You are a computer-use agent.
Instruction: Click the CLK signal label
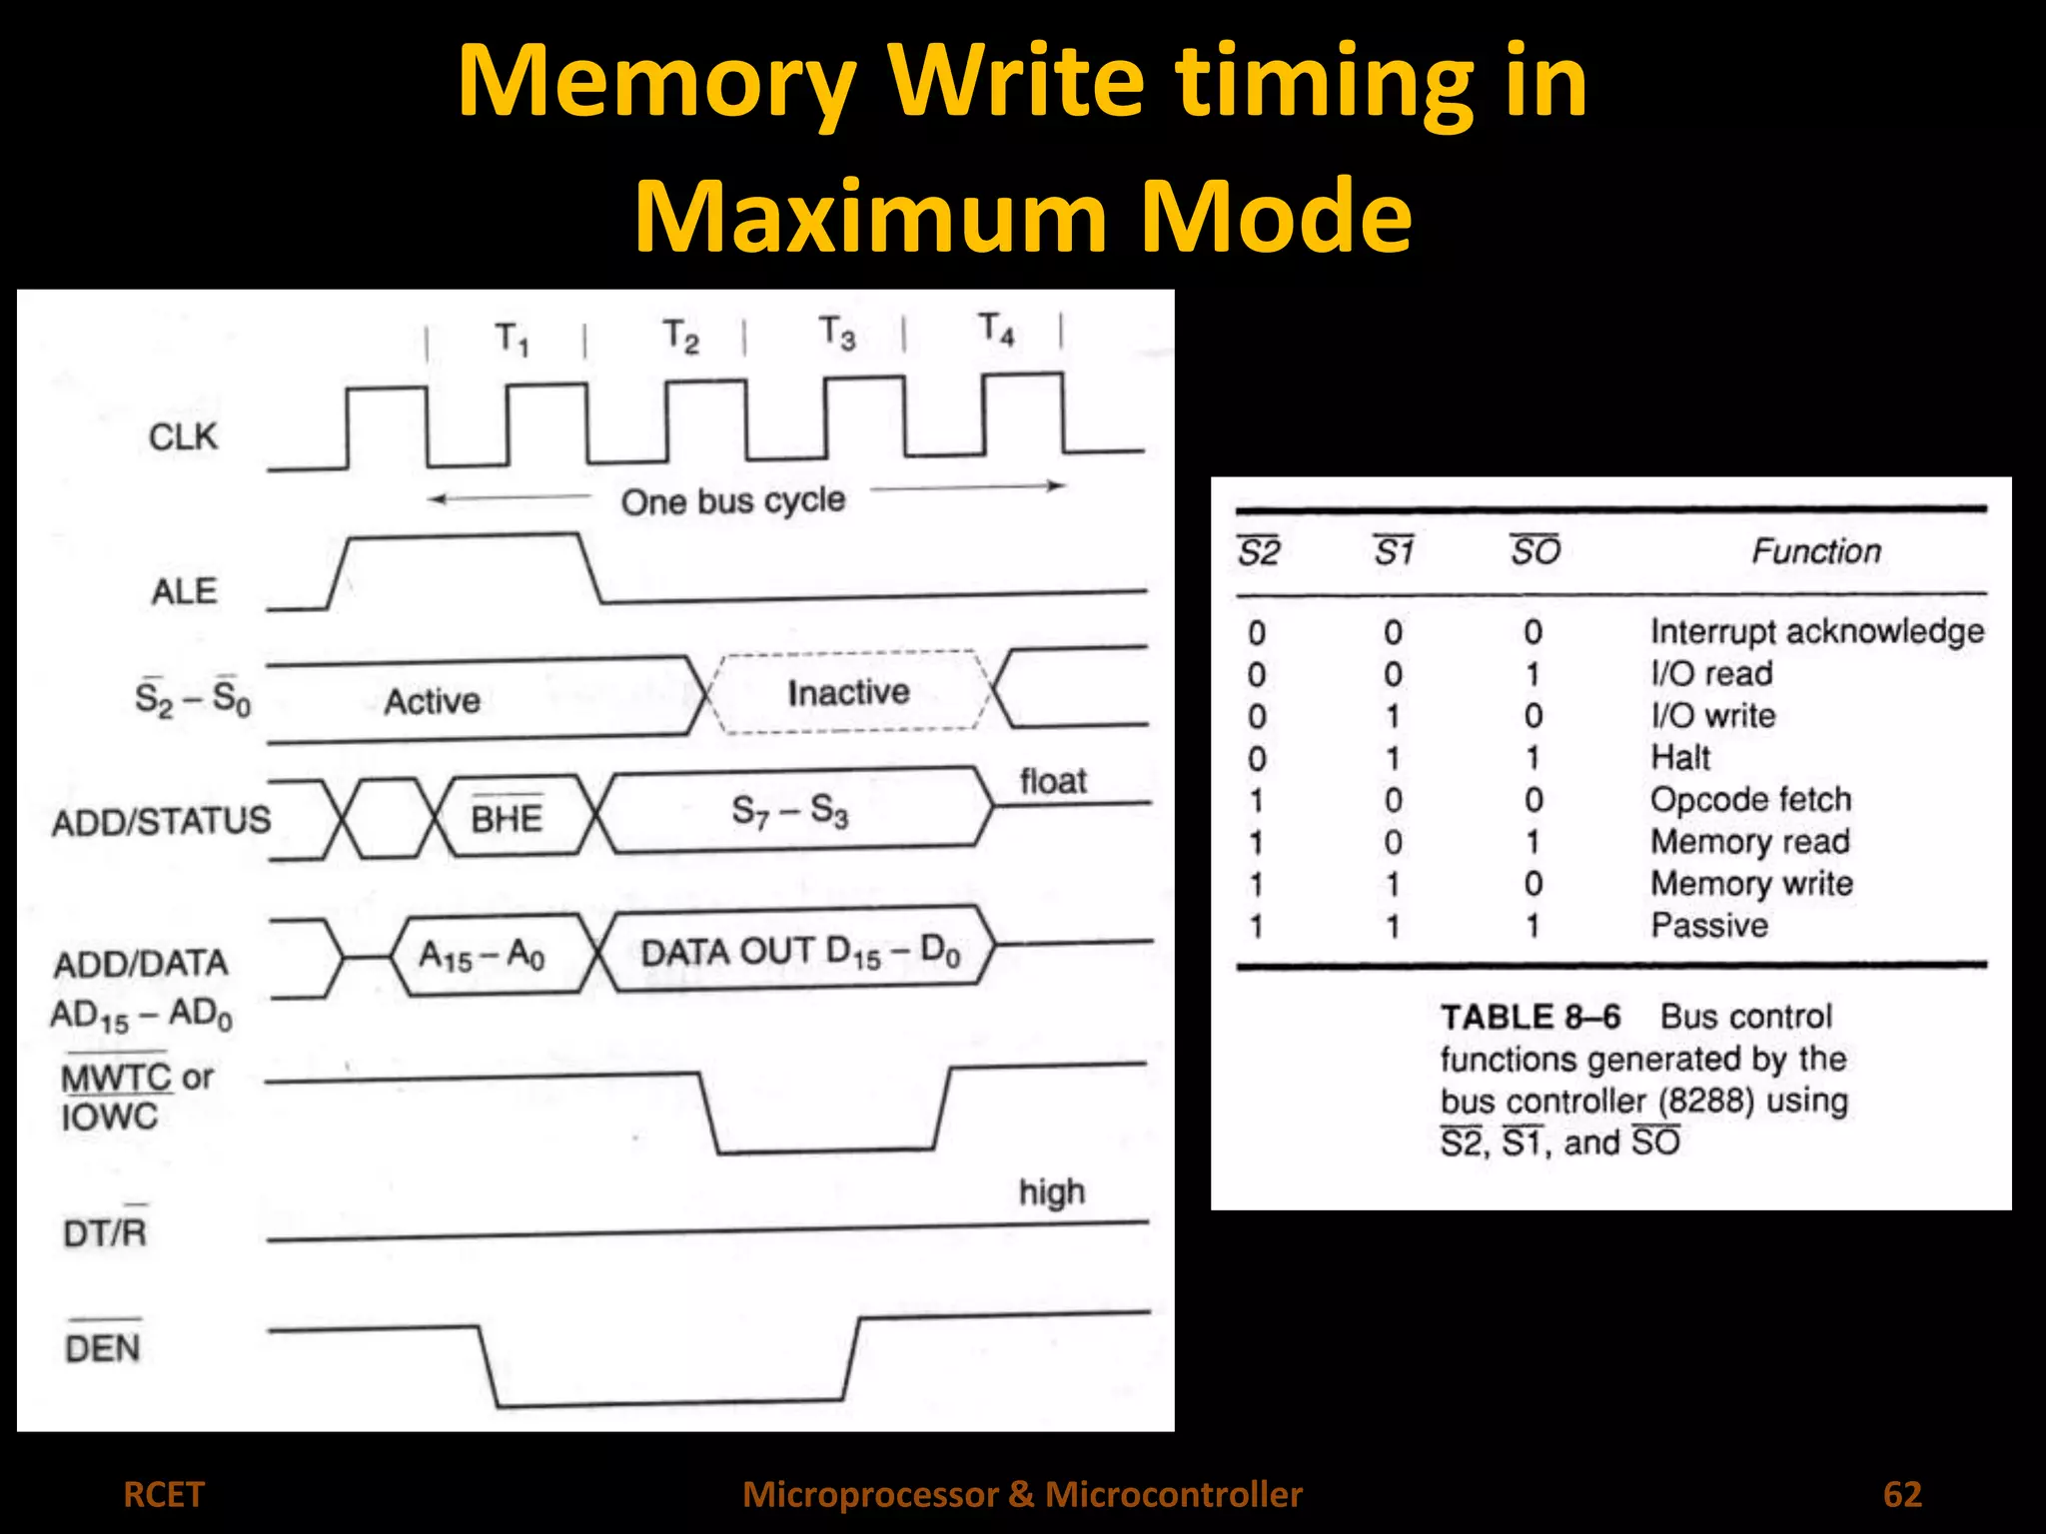click(x=183, y=437)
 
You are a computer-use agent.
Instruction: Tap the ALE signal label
click(x=184, y=591)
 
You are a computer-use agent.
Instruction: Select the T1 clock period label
click(x=511, y=340)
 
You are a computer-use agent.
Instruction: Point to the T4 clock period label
click(x=996, y=329)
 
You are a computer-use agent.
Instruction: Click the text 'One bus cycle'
click(x=733, y=500)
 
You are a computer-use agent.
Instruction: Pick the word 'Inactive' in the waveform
click(x=848, y=692)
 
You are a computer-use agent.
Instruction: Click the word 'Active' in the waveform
click(x=432, y=701)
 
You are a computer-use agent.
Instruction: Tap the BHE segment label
click(x=507, y=818)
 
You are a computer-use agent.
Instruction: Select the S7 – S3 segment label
click(x=789, y=810)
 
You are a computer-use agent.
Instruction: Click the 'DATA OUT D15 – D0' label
click(x=800, y=953)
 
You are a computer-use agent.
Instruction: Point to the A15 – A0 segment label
click(x=482, y=956)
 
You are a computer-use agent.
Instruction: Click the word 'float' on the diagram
click(x=1053, y=781)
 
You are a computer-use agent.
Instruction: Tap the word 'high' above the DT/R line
click(x=1051, y=1192)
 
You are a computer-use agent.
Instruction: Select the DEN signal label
click(x=102, y=1348)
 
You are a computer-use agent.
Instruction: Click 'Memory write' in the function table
click(x=1751, y=884)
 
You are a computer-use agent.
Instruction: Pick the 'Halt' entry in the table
click(x=1680, y=758)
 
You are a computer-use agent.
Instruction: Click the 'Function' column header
click(x=1816, y=551)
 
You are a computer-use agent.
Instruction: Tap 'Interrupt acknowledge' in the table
click(x=1816, y=632)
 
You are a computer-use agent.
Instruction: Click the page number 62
click(x=1902, y=1494)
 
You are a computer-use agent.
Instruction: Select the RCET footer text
click(x=163, y=1494)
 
